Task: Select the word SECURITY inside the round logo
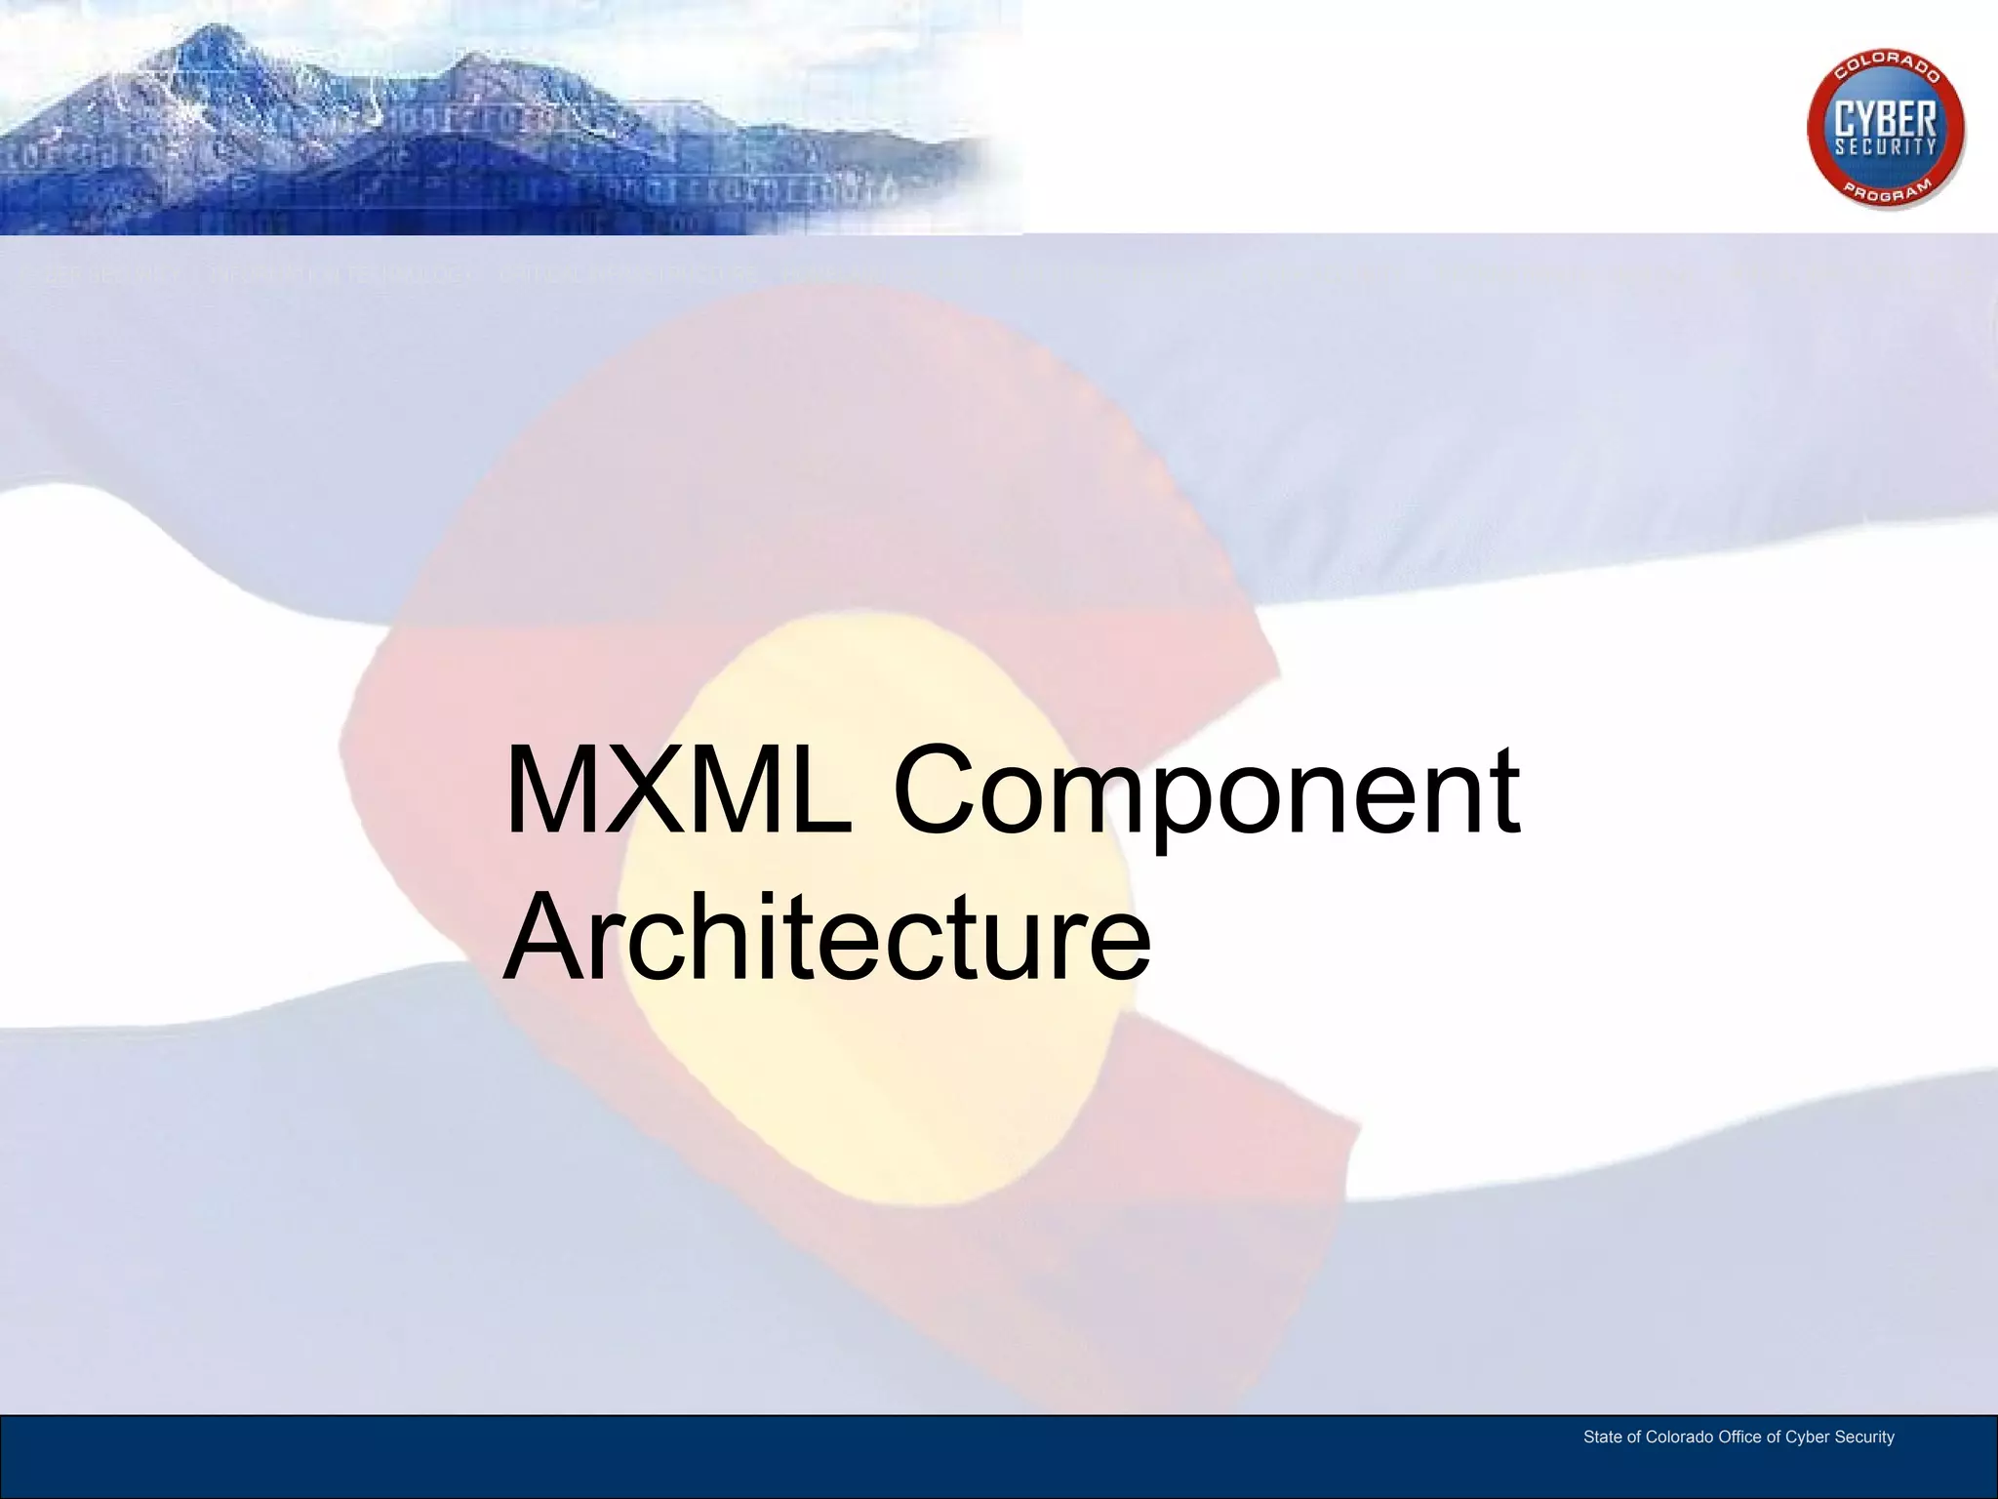(x=1885, y=147)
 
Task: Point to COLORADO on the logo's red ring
(x=1887, y=72)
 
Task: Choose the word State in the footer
(x=1603, y=1437)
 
